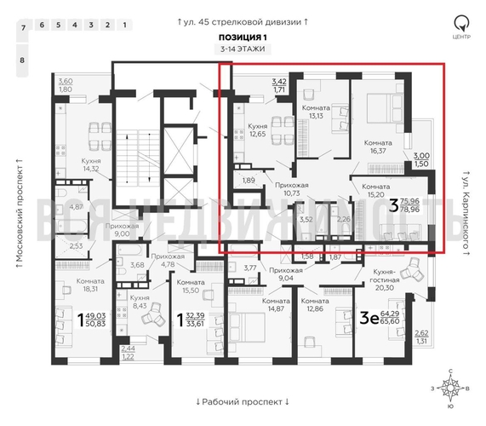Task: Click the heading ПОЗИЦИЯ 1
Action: [x=243, y=39]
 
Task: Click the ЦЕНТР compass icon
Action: [x=460, y=25]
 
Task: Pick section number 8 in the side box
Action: [x=23, y=60]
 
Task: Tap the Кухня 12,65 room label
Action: [x=257, y=129]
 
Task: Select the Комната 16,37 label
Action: [x=376, y=147]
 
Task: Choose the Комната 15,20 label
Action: [x=375, y=190]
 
